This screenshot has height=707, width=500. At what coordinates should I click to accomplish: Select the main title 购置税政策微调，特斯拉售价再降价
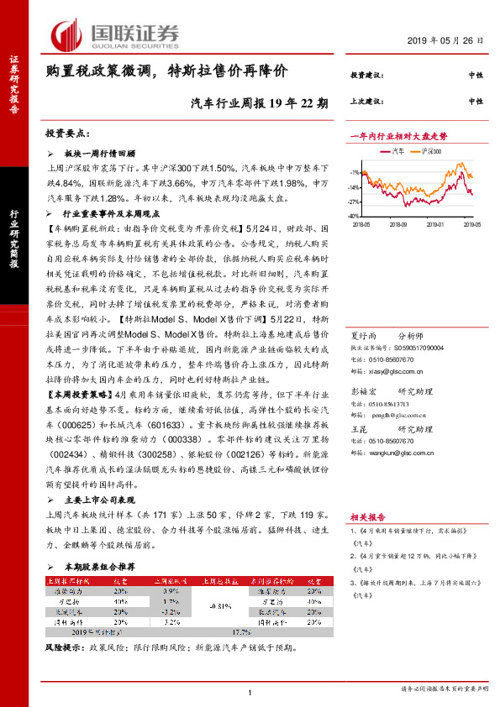pos(166,71)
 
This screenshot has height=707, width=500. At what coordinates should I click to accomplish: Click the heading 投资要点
pos(67,134)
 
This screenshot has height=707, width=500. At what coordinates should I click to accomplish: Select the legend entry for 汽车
pos(398,151)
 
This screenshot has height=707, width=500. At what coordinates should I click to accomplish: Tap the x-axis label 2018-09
pos(397,224)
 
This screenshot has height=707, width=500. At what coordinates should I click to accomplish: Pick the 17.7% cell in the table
pos(242,632)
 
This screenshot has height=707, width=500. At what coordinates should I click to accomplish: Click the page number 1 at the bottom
pos(250,692)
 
